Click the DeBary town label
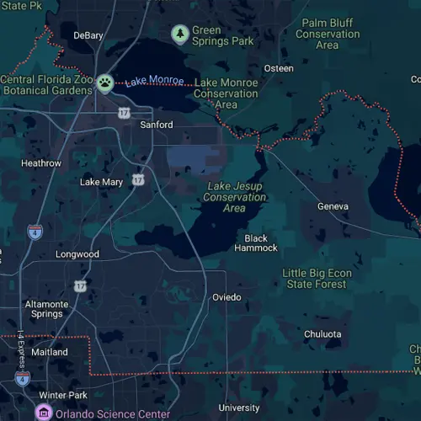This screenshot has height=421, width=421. pos(88,35)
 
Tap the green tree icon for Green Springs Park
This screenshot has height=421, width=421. pos(179,34)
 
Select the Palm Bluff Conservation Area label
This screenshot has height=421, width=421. pos(328,34)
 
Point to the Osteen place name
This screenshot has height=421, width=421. pos(279,68)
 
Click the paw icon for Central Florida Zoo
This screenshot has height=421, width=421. pos(104,83)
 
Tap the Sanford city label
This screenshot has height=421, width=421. pos(156,125)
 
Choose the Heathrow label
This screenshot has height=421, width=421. pos(41,163)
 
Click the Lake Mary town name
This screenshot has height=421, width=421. pos(101,182)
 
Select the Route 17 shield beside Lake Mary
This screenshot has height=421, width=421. pos(138,179)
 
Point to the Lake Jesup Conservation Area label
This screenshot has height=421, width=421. pos(235,197)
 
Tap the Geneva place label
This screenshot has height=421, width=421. pos(333,206)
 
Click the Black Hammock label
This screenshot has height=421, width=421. pos(256,243)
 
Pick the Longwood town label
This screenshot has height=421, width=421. pos(77,254)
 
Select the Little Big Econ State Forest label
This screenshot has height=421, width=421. pos(314,279)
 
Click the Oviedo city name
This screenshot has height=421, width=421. pos(226,297)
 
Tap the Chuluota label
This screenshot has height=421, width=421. pos(322,334)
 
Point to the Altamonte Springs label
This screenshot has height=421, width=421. pos(46,309)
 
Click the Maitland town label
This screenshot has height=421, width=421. pos(49,352)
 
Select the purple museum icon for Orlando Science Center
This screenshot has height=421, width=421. pos(43,413)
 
